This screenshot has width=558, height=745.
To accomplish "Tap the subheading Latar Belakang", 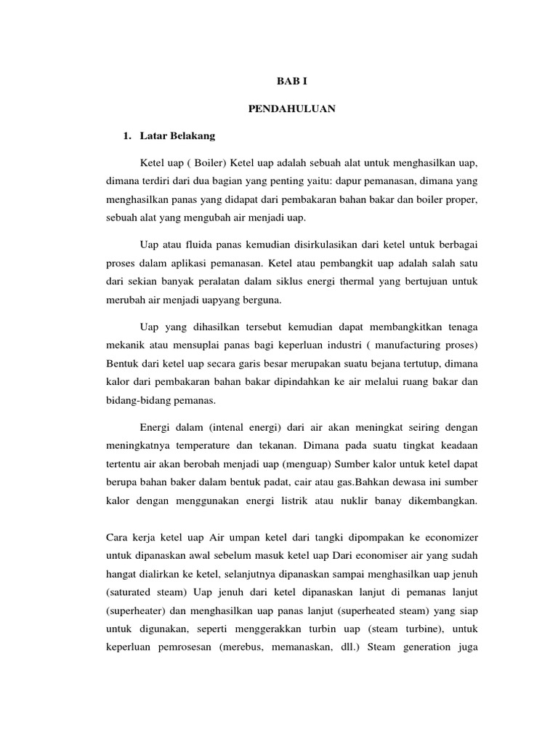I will pos(175,135).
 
